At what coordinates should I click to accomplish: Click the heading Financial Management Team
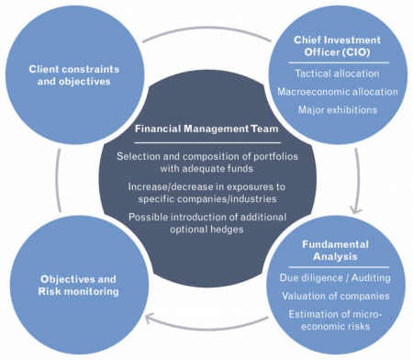click(206, 129)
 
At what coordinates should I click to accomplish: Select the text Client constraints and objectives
click(74, 75)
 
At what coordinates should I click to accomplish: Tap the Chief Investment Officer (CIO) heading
click(337, 46)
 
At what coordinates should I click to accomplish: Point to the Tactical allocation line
click(337, 73)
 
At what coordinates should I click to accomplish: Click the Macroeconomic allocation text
click(338, 92)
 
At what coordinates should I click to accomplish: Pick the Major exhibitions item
click(338, 110)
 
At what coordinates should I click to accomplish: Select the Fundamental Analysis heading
click(335, 250)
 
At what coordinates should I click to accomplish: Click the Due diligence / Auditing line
click(335, 277)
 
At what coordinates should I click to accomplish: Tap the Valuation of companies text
click(336, 296)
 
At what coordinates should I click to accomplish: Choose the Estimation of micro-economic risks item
click(335, 321)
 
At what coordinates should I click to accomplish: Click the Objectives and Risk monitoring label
click(78, 286)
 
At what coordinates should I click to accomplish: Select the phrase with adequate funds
click(206, 168)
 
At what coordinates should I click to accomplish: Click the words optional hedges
click(206, 230)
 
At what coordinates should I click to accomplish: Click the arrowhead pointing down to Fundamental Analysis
click(355, 211)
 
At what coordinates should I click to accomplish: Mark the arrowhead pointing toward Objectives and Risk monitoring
click(149, 318)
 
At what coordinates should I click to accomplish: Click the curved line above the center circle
click(206, 28)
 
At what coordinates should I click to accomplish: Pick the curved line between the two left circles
click(57, 181)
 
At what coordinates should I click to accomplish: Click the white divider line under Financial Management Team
click(207, 142)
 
